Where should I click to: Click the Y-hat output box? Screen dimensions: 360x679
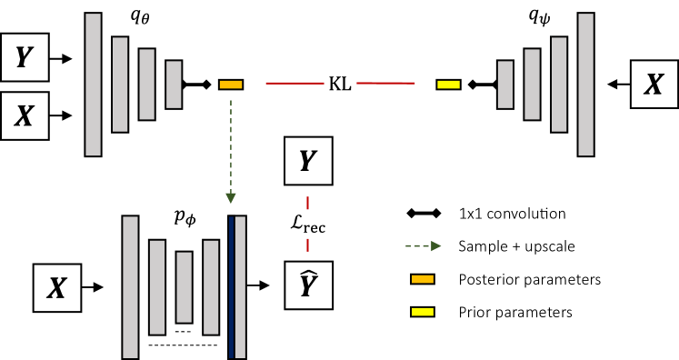point(308,285)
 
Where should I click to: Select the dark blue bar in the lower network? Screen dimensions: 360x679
point(232,287)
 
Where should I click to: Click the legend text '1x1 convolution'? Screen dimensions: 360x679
point(513,215)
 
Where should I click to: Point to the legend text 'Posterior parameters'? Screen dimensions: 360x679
point(530,279)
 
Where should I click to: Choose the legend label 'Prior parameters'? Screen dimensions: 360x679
point(515,312)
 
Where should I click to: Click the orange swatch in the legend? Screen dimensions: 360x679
point(423,279)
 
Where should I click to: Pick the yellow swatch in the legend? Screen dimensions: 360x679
point(423,312)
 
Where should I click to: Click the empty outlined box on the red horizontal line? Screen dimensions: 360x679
point(340,84)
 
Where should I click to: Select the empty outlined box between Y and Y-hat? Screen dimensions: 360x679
point(308,223)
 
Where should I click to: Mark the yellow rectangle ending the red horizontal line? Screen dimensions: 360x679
point(448,85)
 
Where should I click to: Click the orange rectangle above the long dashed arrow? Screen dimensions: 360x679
point(231,85)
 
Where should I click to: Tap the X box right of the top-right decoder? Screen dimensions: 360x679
point(654,85)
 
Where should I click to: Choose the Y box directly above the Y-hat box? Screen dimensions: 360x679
point(308,162)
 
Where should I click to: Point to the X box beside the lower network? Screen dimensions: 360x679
point(56,289)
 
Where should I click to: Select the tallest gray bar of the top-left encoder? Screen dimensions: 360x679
point(93,85)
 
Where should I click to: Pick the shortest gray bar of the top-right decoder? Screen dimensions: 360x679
point(505,85)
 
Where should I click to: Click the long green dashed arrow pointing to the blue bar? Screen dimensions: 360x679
point(231,150)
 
